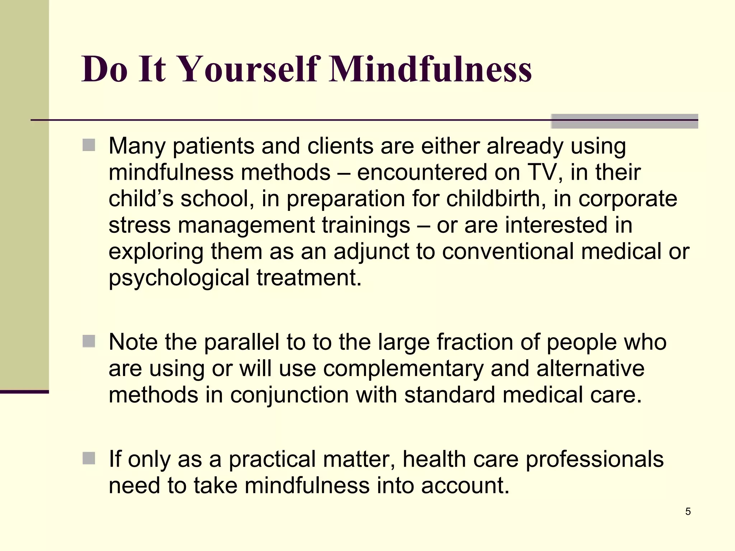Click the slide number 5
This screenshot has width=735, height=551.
coord(688,511)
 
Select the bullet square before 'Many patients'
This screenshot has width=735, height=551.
coord(89,145)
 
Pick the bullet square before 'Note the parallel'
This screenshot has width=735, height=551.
coord(89,341)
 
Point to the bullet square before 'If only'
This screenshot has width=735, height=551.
coord(89,458)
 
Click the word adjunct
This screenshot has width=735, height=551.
coord(371,252)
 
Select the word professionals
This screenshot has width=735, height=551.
coord(594,459)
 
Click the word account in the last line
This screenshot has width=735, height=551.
coord(465,486)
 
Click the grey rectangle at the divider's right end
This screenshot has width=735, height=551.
coord(624,121)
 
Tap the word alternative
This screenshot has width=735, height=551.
coord(590,368)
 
